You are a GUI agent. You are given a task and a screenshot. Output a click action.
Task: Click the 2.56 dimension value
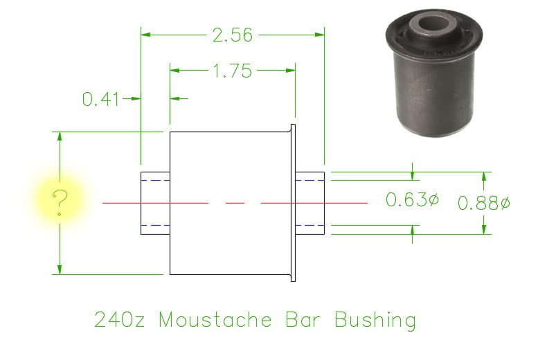[233, 34]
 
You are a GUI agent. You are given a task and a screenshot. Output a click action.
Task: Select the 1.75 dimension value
[233, 71]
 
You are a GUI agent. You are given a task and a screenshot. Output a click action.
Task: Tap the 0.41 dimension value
[101, 99]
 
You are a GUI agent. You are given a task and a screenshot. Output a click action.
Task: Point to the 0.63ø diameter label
[412, 201]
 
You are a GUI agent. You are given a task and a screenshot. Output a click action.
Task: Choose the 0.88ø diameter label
[484, 204]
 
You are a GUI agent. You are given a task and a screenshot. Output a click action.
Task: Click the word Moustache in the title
[215, 321]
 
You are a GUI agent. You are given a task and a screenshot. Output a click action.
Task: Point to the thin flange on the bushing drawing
[292, 202]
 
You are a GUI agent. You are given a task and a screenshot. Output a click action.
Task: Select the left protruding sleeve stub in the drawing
[155, 203]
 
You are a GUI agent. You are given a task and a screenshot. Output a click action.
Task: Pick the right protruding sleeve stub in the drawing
[310, 203]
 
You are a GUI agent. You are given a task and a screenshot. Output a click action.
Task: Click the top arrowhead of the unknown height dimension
[60, 136]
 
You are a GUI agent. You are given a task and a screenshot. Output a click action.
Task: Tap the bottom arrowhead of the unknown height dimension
[60, 269]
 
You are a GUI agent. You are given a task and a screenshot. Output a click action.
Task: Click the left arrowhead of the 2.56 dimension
[145, 33]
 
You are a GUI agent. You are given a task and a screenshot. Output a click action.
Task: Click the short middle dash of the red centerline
[235, 203]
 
